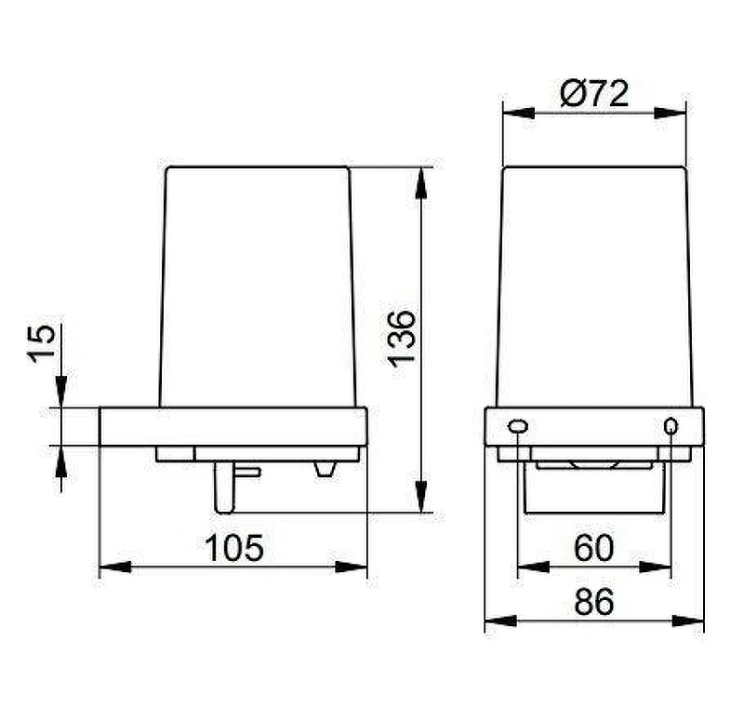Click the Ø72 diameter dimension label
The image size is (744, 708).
pos(593,94)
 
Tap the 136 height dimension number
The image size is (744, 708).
pos(402,339)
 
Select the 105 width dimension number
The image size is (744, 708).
pos(234,548)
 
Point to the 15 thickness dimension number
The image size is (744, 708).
pos(41,343)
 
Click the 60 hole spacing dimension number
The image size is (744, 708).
pos(593,548)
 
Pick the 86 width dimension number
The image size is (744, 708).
pos(593,602)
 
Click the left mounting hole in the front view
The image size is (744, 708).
pos(518,426)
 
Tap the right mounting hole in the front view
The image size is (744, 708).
pos(671,426)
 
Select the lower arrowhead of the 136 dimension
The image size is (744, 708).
pos(421,497)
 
